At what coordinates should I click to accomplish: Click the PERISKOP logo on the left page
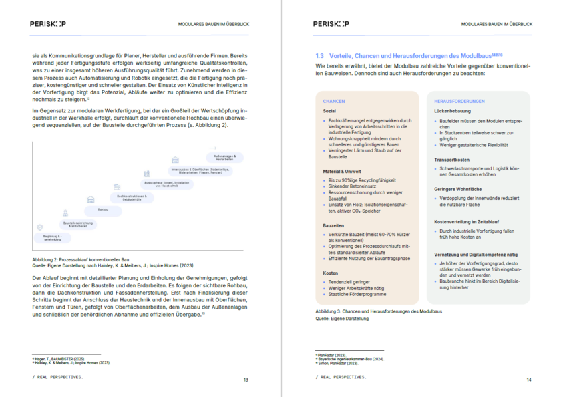47,24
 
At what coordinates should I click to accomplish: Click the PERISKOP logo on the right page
330,24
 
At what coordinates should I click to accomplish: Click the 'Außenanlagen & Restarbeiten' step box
224,158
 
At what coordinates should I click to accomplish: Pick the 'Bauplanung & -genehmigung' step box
52,237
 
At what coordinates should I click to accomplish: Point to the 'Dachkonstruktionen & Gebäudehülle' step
130,197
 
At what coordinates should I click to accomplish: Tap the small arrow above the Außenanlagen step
212,148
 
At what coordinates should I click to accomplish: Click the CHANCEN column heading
334,102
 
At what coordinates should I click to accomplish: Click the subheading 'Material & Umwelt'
341,172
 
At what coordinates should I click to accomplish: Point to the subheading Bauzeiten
334,226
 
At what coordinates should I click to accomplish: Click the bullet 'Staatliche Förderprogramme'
357,294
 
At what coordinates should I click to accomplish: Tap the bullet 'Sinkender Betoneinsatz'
354,186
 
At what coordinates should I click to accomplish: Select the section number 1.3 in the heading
319,55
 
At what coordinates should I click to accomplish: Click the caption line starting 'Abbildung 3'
378,311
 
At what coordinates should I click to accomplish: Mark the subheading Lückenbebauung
452,111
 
